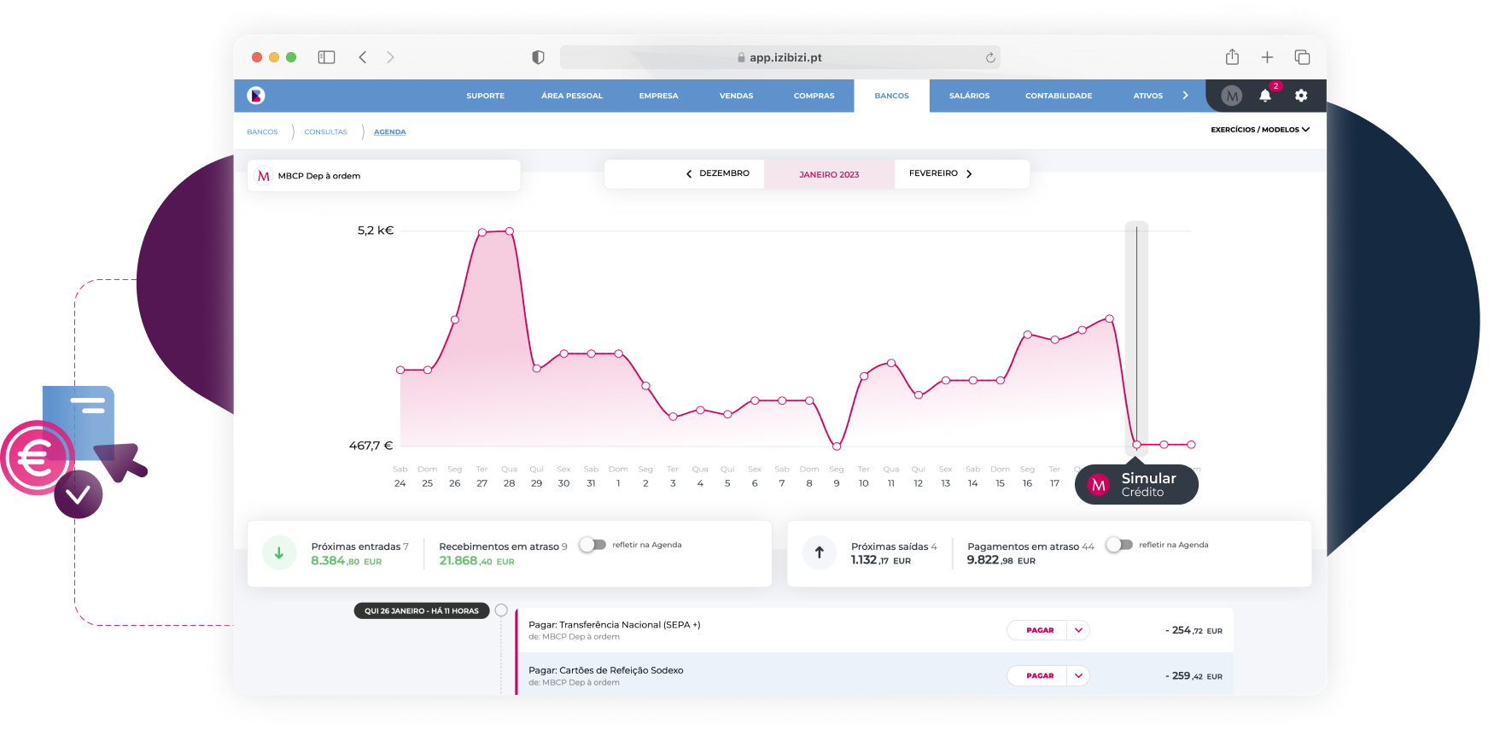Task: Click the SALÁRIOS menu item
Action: pos(969,96)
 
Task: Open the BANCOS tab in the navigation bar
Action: pos(891,96)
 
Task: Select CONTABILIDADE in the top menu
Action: pos(1059,96)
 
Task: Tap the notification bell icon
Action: pos(1265,96)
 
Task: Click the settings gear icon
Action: pos(1301,96)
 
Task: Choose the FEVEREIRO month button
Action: pos(940,173)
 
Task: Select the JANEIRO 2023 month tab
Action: pos(829,174)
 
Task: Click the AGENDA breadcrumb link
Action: pos(389,132)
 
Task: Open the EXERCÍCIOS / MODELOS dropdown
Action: pos(1259,130)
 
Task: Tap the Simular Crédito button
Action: pos(1136,485)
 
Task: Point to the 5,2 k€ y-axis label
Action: pos(376,231)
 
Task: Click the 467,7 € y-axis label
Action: pos(371,446)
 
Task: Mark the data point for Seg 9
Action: pos(837,446)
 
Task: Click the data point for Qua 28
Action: pos(510,231)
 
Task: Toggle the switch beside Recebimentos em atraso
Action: pos(592,545)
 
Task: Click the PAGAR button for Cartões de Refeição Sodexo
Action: pos(1039,675)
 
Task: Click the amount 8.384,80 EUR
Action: pos(346,561)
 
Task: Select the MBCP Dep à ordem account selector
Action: pos(383,176)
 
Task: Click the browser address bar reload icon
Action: pos(990,58)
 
